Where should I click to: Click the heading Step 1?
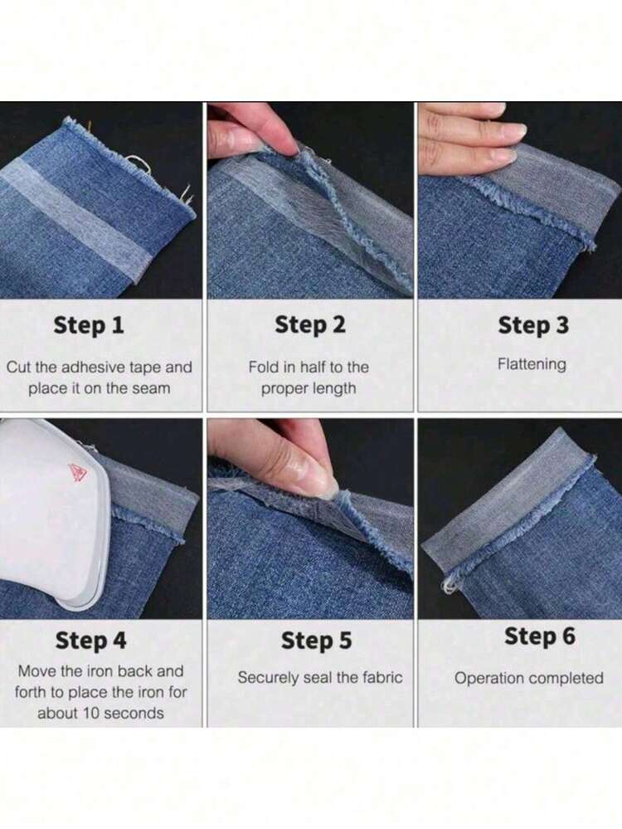(89, 325)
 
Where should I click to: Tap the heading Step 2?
(310, 324)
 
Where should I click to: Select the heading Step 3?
(533, 325)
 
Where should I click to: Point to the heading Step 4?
(91, 641)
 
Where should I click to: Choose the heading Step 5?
(316, 641)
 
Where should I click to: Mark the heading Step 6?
(540, 636)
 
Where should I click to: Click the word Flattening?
(532, 364)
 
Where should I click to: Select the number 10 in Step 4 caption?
(91, 713)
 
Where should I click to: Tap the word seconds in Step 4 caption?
(134, 713)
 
